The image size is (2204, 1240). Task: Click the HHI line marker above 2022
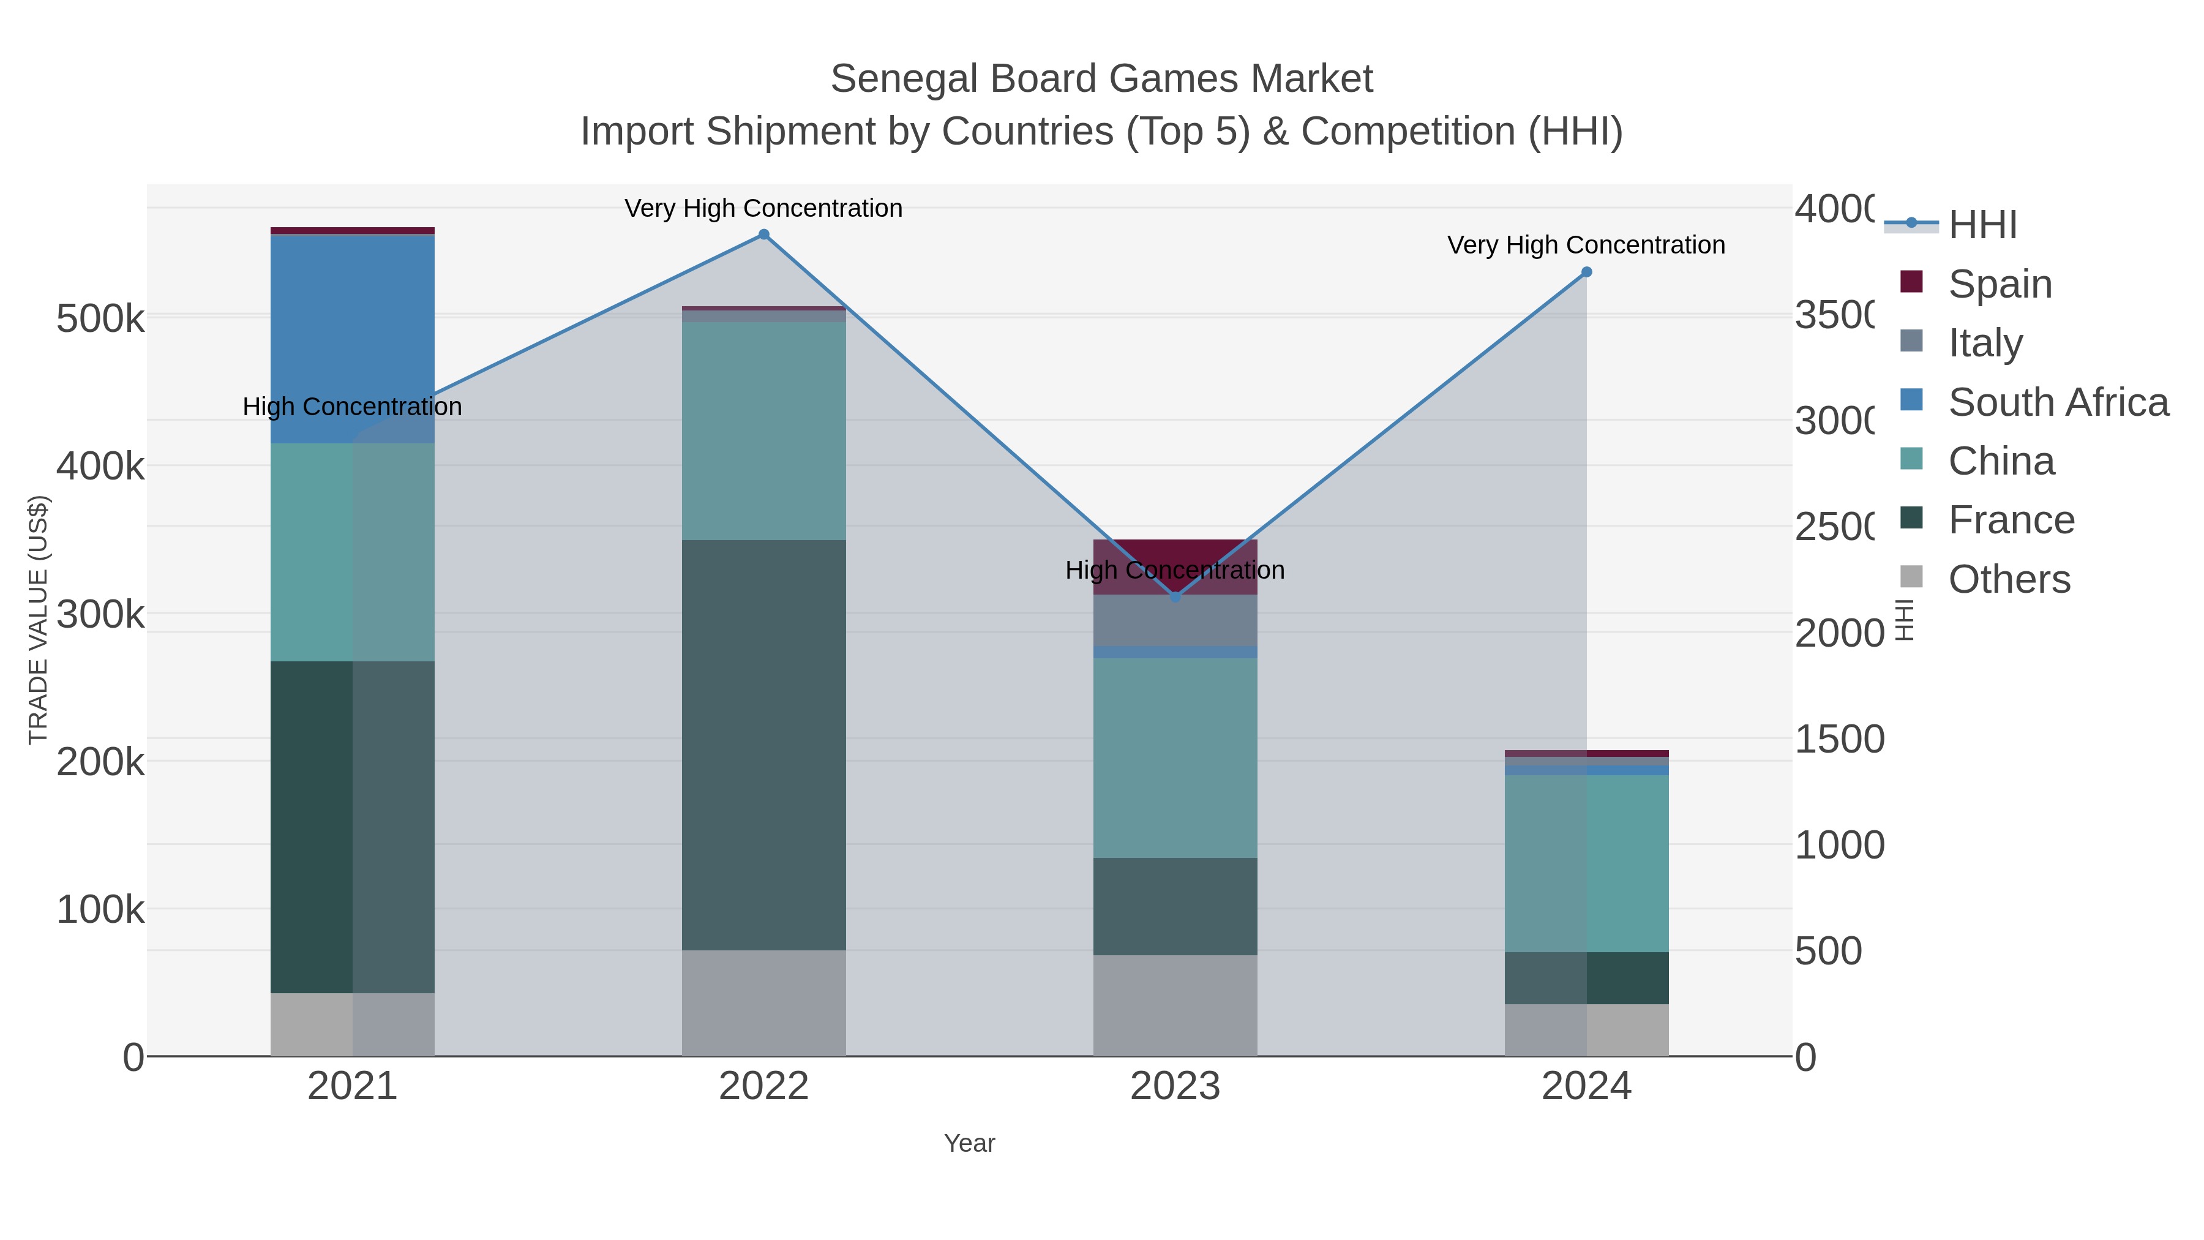[764, 235]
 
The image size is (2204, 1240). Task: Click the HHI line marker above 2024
[1586, 272]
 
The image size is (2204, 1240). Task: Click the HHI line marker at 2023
[1175, 596]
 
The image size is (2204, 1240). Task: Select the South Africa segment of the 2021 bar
[353, 338]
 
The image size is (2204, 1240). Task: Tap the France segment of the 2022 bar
[764, 745]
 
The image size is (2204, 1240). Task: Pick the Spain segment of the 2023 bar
[1175, 552]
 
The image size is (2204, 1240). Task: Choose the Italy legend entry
[1985, 342]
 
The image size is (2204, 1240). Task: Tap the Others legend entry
[2009, 579]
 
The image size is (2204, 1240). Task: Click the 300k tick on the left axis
[100, 614]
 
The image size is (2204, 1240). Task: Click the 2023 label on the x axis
[1175, 1086]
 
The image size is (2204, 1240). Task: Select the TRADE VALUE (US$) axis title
[39, 620]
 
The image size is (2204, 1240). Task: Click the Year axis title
[969, 1143]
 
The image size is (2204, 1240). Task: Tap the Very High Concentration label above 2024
[1586, 246]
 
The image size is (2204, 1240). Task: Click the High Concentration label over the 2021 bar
[353, 407]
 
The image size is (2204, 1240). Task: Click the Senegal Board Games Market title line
[1101, 79]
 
